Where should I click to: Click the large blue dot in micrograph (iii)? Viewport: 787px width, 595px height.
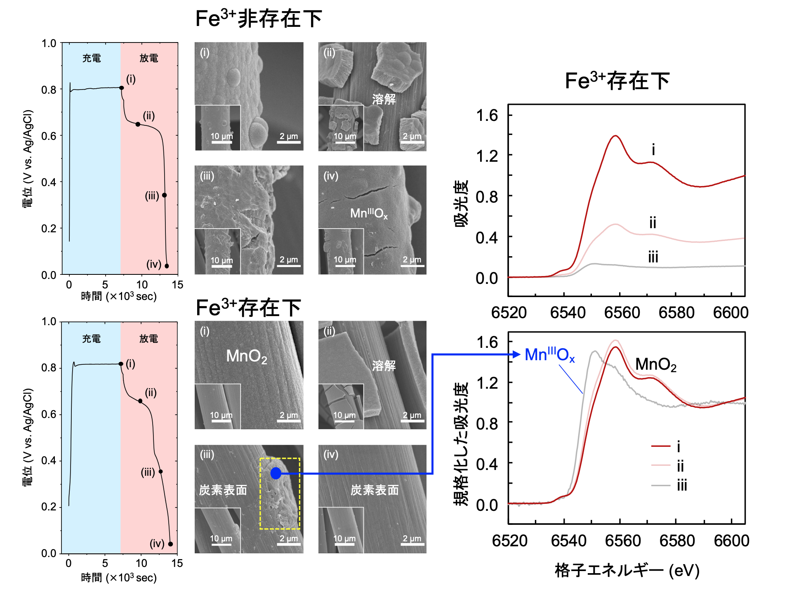(276, 473)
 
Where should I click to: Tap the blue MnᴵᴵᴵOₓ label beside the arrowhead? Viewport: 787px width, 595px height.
(549, 355)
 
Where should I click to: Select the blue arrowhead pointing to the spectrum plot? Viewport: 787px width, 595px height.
(516, 354)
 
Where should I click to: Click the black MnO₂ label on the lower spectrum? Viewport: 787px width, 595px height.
(655, 365)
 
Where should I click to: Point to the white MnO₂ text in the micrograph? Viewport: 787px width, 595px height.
(247, 357)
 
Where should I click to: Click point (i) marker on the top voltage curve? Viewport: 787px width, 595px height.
(121, 88)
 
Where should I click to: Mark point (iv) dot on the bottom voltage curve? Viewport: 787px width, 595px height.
(170, 544)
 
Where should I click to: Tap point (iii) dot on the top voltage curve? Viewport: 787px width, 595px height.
(164, 195)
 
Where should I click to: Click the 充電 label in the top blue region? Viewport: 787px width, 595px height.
(92, 58)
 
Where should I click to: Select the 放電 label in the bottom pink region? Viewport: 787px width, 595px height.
(148, 339)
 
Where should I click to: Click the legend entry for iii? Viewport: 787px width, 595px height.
(681, 486)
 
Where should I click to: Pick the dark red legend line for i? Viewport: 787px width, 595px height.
(660, 446)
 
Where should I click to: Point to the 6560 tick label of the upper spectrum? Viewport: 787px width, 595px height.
(622, 313)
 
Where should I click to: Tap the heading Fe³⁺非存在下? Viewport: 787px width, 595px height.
(258, 19)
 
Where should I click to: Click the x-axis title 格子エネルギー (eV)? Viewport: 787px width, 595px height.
(627, 571)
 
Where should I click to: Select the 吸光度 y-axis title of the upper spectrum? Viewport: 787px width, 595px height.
(462, 203)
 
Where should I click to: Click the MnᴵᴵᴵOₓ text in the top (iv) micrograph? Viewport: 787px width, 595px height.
(369, 213)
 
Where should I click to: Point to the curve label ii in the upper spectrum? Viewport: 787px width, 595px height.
(653, 223)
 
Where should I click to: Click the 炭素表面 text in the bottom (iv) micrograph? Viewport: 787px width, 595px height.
(375, 490)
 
